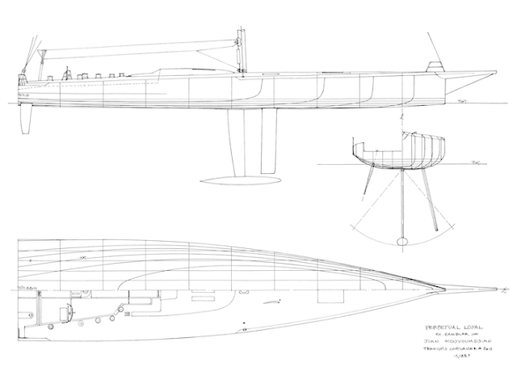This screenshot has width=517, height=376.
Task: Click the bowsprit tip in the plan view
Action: pos(505,289)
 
